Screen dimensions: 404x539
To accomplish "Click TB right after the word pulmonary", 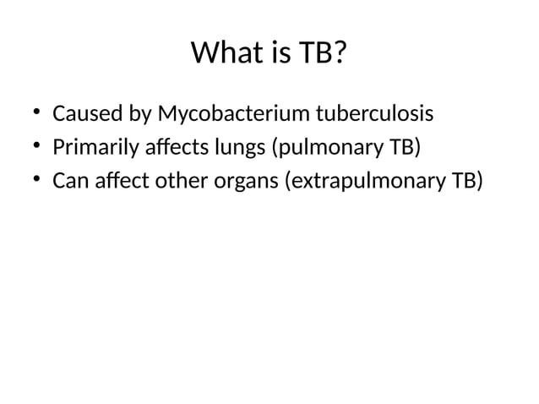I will [x=403, y=149].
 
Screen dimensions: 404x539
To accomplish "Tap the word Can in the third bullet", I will [x=69, y=183].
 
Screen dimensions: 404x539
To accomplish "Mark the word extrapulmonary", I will [x=362, y=183].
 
